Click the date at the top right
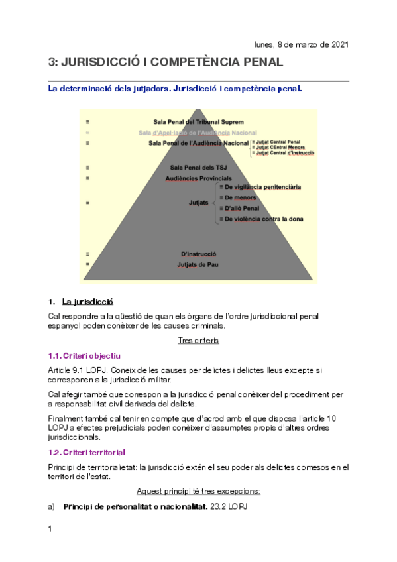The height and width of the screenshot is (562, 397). tap(301, 44)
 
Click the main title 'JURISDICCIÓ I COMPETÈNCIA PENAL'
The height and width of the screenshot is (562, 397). tap(166, 63)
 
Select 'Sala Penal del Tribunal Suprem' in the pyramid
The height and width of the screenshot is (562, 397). tap(198, 122)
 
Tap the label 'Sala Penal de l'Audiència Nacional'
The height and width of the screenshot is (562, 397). tap(198, 142)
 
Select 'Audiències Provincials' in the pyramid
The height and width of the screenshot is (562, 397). tap(198, 178)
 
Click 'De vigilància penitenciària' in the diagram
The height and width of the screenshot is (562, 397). tap(262, 187)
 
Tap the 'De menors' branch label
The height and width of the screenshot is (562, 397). tap(240, 197)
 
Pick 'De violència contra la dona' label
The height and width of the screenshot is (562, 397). tap(264, 219)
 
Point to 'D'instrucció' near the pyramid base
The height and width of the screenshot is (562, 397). tap(198, 254)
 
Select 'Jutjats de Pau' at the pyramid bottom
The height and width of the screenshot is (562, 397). tap(198, 265)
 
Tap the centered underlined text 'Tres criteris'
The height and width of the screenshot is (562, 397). tap(198, 340)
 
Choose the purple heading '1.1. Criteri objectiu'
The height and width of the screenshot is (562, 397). tap(85, 356)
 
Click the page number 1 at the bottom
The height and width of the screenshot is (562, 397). tap(50, 529)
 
